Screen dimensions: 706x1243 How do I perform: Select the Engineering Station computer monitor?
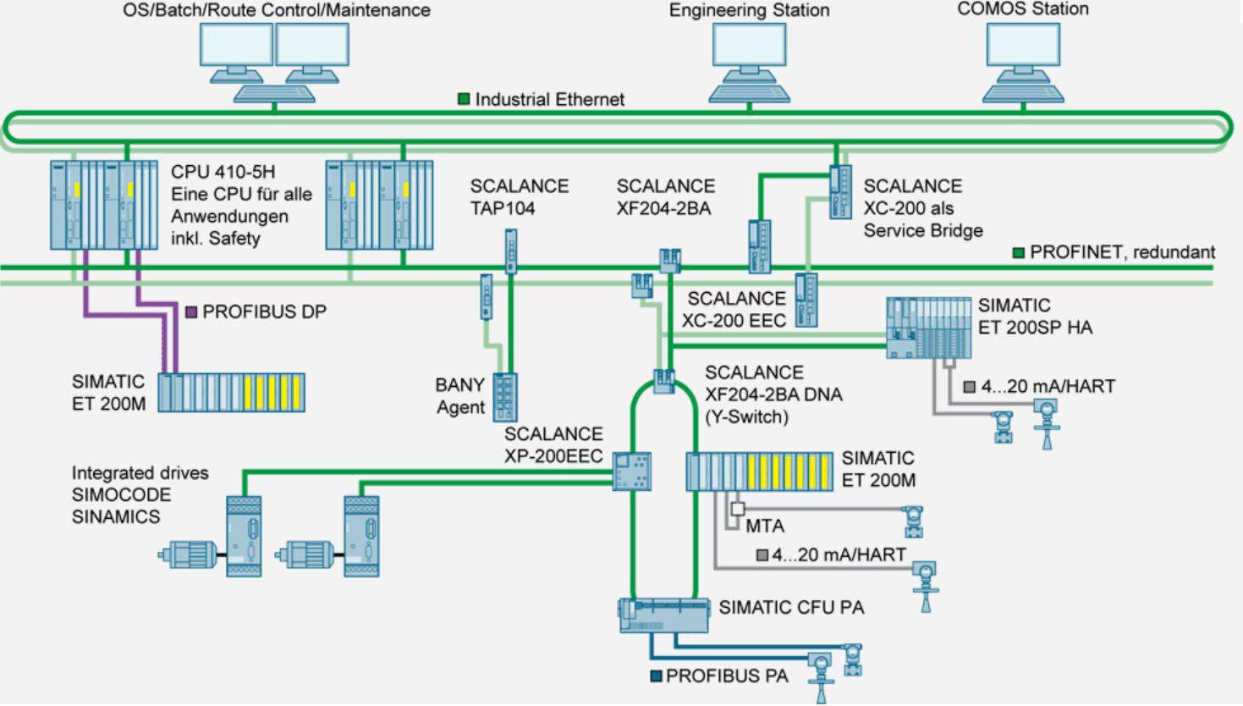(x=749, y=47)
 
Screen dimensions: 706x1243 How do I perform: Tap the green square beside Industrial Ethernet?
(x=464, y=99)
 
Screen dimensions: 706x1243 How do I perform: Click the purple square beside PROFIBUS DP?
(x=191, y=312)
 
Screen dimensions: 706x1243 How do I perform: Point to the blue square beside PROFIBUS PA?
(x=656, y=676)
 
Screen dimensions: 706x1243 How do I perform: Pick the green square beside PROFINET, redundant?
(x=1019, y=252)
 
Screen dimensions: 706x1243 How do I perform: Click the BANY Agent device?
(x=504, y=397)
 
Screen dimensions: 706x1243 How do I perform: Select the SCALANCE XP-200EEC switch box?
(x=632, y=471)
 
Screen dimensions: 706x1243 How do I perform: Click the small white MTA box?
(x=738, y=509)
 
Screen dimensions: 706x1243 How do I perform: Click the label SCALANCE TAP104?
(x=519, y=197)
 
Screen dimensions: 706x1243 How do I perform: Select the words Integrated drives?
(x=140, y=473)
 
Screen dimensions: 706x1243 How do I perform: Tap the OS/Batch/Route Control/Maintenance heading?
(x=277, y=10)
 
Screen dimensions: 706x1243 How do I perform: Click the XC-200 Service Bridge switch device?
(x=839, y=192)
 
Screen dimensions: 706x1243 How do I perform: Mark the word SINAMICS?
(x=115, y=517)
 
